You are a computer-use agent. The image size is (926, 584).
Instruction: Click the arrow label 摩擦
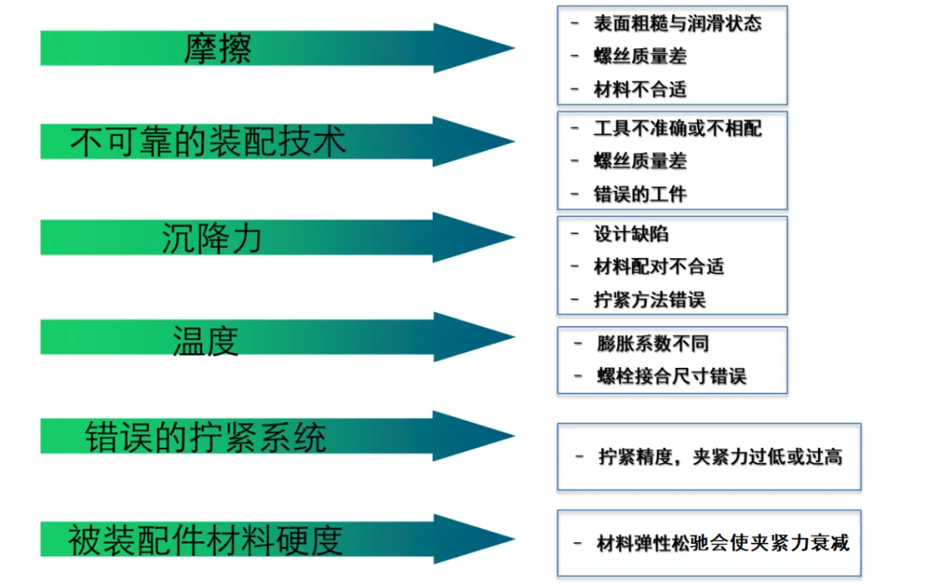tap(218, 49)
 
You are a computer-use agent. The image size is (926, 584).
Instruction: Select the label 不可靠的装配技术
tap(208, 141)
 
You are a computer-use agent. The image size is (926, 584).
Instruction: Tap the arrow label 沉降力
tap(211, 238)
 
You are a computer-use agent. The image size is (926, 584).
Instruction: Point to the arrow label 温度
tap(206, 340)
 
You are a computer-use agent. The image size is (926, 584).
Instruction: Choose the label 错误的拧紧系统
tap(206, 437)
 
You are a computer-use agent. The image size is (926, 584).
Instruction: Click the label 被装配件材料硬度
tap(206, 539)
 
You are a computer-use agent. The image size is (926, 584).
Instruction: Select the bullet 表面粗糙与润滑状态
tap(677, 23)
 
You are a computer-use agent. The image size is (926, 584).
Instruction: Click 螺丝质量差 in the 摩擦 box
tap(640, 57)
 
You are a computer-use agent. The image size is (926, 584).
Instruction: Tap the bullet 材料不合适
tap(640, 89)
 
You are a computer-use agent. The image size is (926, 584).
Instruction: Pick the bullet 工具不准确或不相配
tap(677, 129)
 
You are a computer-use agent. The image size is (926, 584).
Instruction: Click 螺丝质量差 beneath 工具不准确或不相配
tap(640, 161)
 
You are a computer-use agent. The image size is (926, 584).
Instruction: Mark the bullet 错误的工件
tap(640, 195)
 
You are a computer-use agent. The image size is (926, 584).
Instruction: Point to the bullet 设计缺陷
tap(631, 234)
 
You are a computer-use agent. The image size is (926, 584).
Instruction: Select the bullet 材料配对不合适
tap(658, 267)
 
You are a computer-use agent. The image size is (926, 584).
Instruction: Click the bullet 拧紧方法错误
tap(649, 300)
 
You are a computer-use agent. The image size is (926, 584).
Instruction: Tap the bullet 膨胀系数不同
tap(652, 344)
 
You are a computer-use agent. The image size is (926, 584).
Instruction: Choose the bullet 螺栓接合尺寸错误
tap(671, 376)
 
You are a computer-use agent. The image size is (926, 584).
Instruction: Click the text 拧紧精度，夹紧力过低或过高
tap(719, 457)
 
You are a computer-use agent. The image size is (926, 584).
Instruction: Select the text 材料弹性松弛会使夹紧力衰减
tap(723, 544)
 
